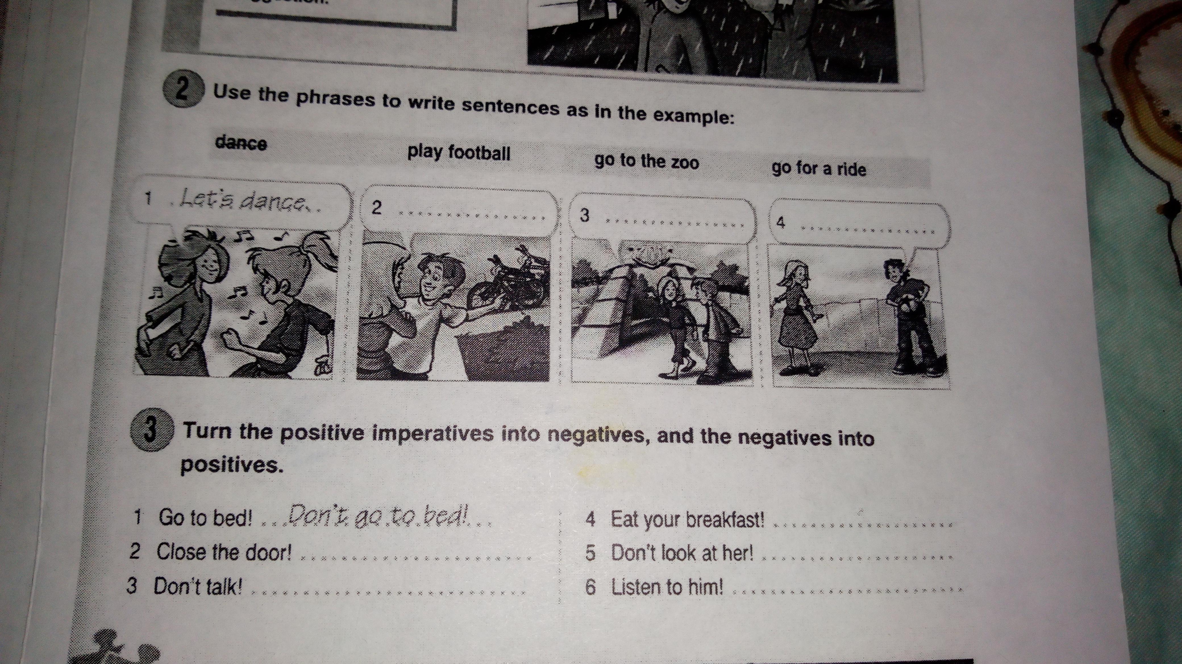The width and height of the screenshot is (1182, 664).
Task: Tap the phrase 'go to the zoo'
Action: pos(646,161)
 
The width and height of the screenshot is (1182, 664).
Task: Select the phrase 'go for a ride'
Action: pos(819,168)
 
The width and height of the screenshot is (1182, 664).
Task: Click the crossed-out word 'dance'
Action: pos(241,144)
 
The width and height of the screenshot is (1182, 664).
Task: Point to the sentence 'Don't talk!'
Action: pos(198,586)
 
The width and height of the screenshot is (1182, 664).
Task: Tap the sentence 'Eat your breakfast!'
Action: pos(688,520)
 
